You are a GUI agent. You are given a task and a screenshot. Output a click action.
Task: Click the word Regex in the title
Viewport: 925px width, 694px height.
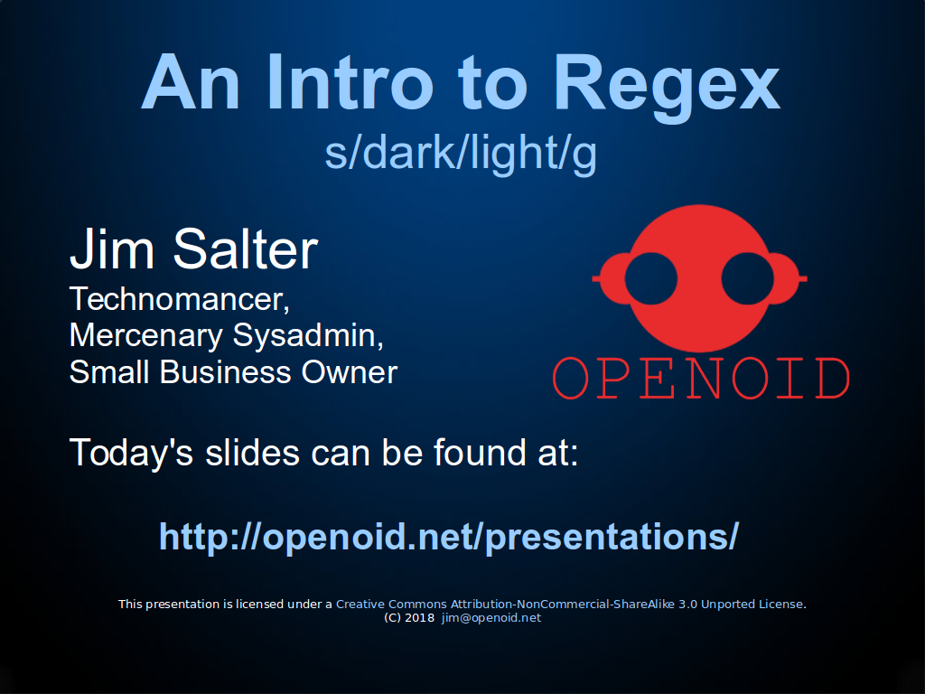point(667,86)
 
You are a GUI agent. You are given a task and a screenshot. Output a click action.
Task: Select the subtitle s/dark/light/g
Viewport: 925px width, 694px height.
point(461,153)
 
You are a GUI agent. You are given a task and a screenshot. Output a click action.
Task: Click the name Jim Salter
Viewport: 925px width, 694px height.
point(194,249)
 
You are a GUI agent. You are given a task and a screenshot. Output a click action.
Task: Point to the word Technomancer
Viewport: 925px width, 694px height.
point(180,299)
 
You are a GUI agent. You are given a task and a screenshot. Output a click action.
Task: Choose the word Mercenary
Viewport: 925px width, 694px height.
point(145,336)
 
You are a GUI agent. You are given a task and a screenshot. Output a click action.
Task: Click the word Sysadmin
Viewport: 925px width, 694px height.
point(309,335)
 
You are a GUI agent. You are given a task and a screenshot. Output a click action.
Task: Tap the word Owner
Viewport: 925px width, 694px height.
point(350,372)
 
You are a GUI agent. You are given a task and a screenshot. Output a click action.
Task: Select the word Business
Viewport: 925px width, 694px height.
point(225,372)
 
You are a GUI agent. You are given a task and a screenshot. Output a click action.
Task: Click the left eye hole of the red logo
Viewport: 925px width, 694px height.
point(651,278)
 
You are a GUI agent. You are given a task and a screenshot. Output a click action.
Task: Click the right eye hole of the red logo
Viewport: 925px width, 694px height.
point(747,278)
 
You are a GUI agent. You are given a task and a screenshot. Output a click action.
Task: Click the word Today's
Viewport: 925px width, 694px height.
point(132,453)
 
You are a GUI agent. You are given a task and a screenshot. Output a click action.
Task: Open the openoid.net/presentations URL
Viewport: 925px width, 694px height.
point(449,537)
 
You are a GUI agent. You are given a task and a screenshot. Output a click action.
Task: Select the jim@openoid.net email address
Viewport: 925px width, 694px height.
point(491,618)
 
